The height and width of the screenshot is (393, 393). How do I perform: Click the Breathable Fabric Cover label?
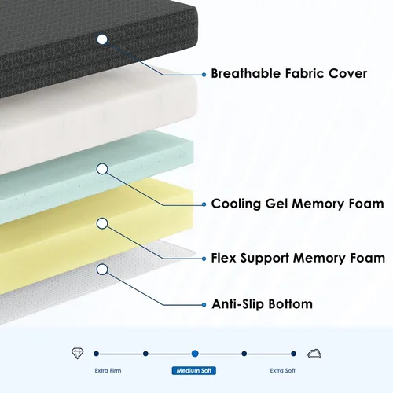[288, 74]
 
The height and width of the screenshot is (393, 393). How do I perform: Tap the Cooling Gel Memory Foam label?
[297, 204]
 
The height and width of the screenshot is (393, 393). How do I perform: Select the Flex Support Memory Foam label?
[298, 259]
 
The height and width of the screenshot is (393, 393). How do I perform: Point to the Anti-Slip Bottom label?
[262, 304]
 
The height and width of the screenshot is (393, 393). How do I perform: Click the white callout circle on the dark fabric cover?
[102, 39]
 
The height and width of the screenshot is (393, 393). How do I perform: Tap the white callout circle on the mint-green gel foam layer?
[102, 169]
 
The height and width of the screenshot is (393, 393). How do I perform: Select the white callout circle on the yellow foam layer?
[102, 223]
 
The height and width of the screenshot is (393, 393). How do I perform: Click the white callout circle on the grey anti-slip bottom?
[102, 270]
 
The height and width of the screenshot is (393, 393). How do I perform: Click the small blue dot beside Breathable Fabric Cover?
[204, 75]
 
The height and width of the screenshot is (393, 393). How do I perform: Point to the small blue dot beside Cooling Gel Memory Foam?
[204, 204]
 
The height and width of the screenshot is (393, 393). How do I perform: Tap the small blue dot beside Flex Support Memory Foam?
[204, 259]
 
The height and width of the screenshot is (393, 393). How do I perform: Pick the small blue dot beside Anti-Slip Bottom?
[204, 305]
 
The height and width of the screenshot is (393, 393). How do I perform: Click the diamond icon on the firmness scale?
[78, 354]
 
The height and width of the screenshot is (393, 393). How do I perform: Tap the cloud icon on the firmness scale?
[314, 354]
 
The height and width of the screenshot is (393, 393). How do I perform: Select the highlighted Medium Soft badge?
[194, 370]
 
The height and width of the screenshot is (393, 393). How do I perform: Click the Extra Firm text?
[108, 370]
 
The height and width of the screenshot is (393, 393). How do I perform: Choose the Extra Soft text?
[283, 370]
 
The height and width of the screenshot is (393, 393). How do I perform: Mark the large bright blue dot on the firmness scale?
[195, 354]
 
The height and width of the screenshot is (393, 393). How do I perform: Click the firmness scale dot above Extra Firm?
[96, 354]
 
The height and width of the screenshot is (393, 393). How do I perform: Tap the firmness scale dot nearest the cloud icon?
[293, 354]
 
